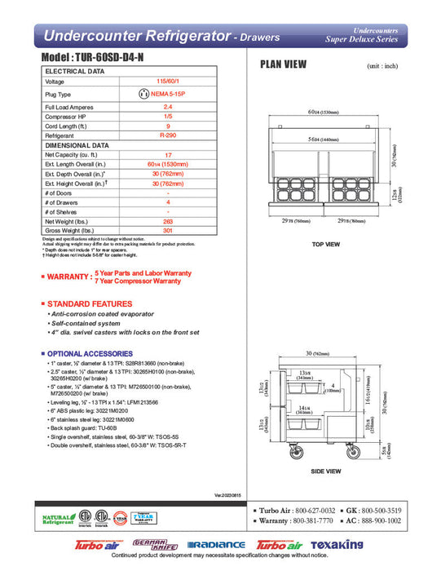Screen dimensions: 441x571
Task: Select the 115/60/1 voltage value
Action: click(168, 82)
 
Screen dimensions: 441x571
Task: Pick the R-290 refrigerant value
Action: click(168, 136)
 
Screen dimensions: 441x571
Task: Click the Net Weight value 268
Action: click(168, 220)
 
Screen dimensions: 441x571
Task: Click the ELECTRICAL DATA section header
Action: click(74, 72)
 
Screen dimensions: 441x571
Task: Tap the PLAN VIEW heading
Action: click(283, 65)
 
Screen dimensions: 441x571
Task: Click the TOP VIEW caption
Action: click(326, 244)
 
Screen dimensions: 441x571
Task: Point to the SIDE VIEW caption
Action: click(326, 471)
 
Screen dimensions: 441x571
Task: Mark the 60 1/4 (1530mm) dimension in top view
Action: click(326, 112)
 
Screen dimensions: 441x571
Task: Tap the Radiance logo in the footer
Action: click(216, 544)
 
